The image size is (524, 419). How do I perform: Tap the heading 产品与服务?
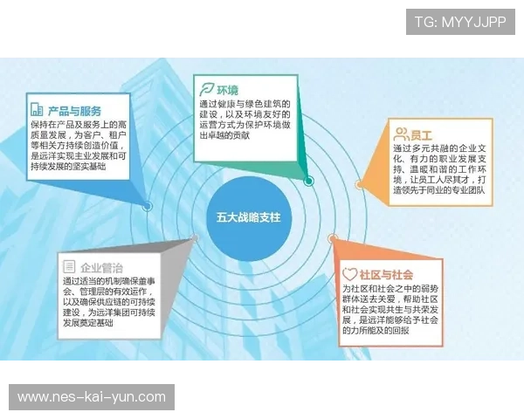[x=75, y=111]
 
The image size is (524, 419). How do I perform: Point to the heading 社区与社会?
[x=390, y=274]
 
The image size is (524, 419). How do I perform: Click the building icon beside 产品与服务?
[x=37, y=110]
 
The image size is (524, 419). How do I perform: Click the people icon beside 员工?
[x=402, y=134]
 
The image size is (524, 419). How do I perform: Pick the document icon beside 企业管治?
[x=68, y=266]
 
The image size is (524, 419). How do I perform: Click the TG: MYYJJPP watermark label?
[x=460, y=22]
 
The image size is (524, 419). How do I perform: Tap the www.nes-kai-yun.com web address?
[x=91, y=397]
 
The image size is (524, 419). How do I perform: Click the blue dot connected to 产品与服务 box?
[x=147, y=207]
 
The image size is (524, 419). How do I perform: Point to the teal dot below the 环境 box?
[x=309, y=181]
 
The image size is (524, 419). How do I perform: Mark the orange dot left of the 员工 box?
[x=359, y=184]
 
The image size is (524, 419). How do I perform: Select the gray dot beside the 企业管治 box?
[x=194, y=237]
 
